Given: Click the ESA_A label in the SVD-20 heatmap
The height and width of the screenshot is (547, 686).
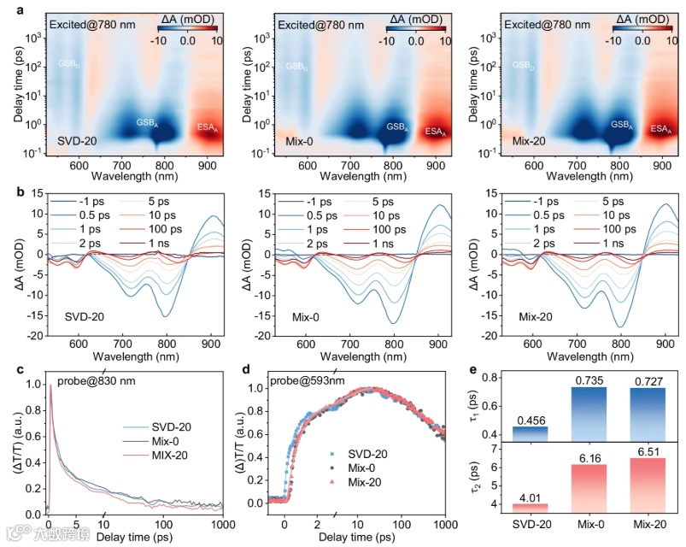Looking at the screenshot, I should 208,129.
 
